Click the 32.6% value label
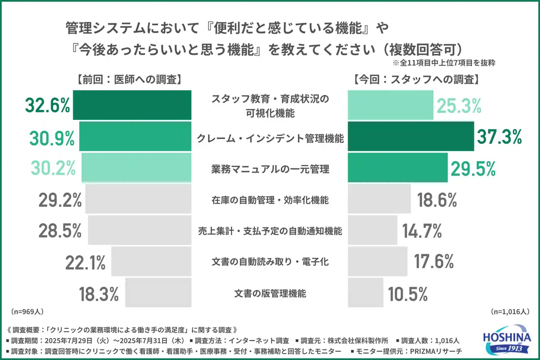pyautogui.click(x=47, y=106)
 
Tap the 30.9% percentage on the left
pyautogui.click(x=52, y=137)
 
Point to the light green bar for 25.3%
pyautogui.click(x=391, y=106)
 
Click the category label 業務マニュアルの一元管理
pyautogui.click(x=270, y=169)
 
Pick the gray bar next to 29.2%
pyautogui.click(x=138, y=199)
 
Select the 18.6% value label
pyautogui.click(x=437, y=200)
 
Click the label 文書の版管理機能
pyautogui.click(x=270, y=293)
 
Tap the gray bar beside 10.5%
pyautogui.click(x=365, y=293)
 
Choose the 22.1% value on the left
pyautogui.click(x=85, y=263)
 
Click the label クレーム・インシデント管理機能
pyautogui.click(x=270, y=138)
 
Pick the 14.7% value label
pyautogui.click(x=421, y=231)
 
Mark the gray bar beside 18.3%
pyautogui.click(x=158, y=293)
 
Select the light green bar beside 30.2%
pyautogui.click(x=136, y=168)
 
